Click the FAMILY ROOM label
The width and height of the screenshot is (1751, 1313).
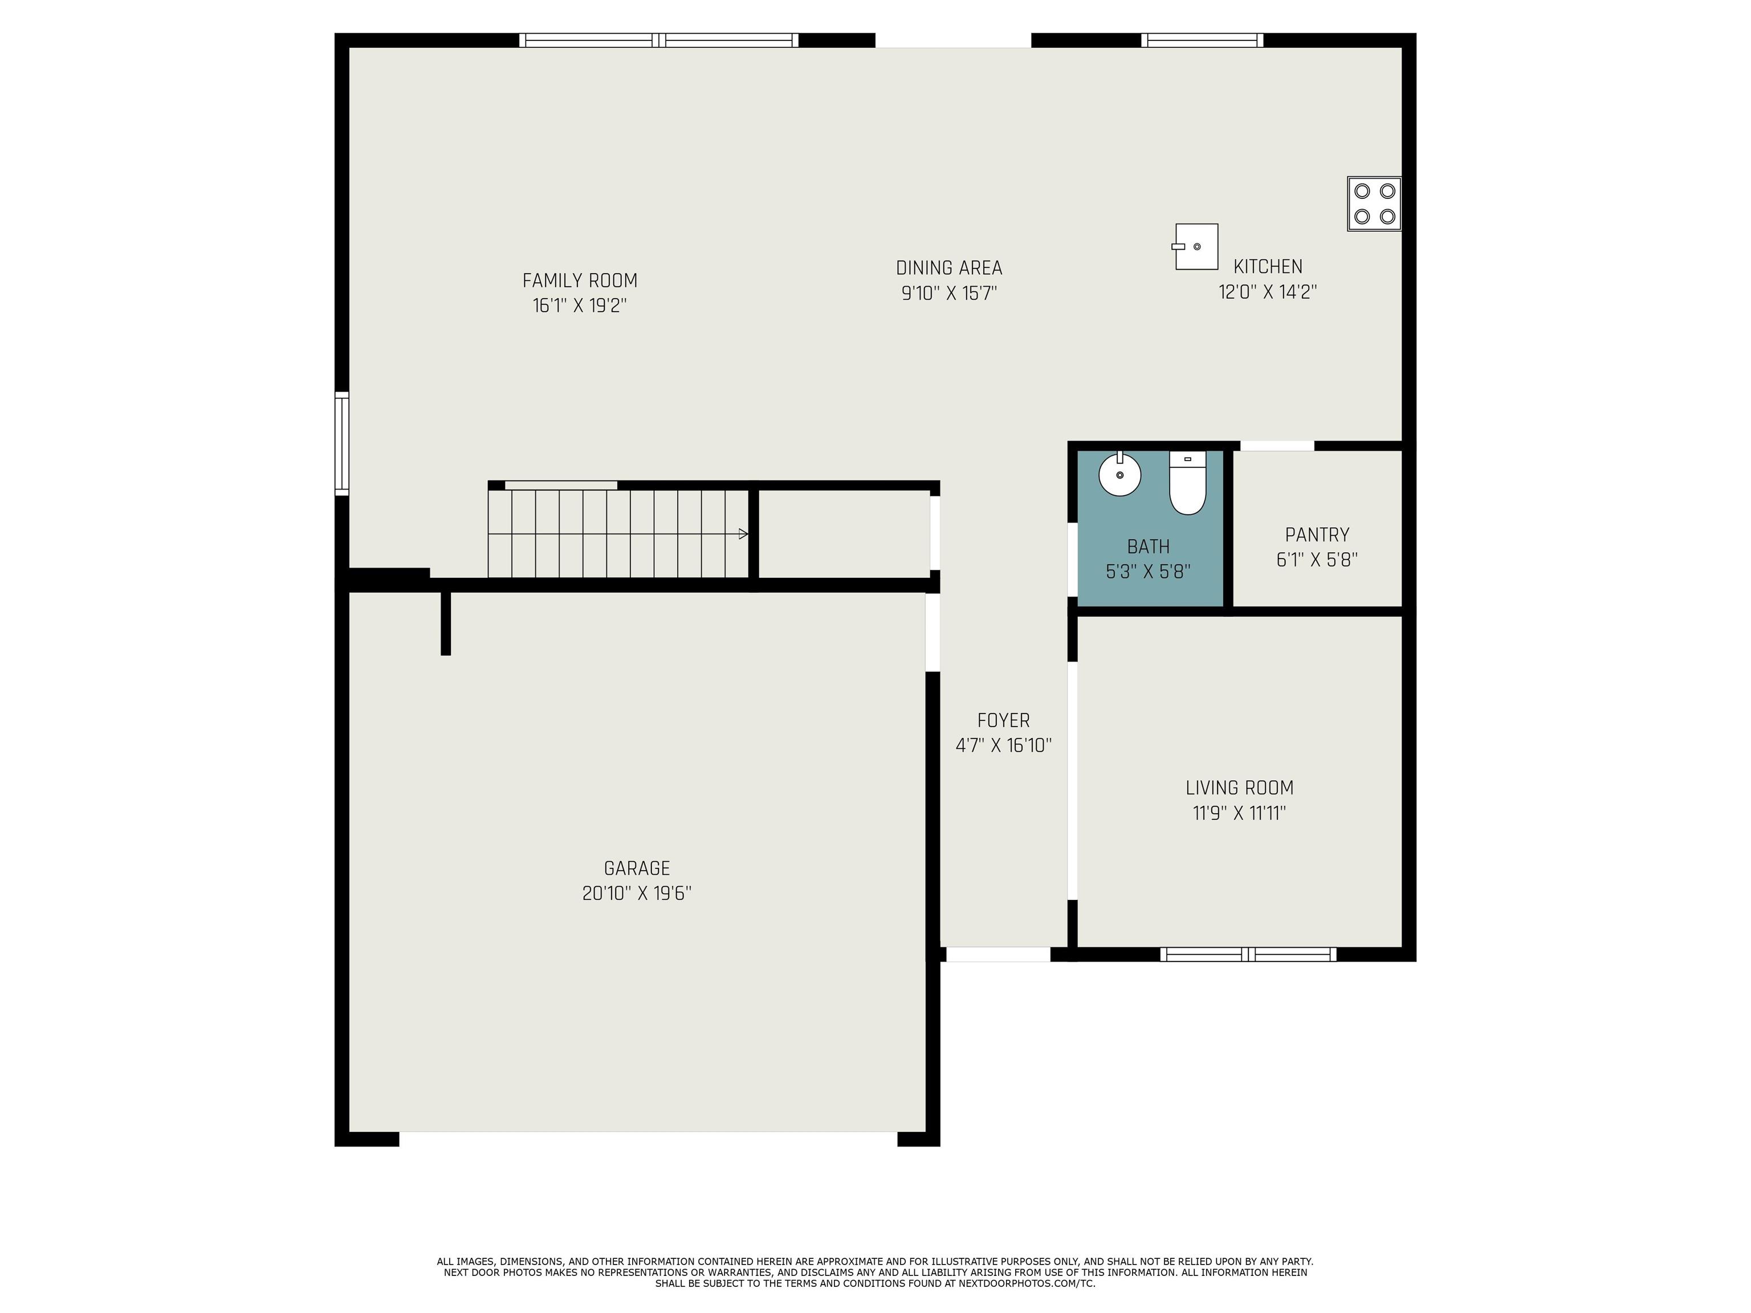[580, 280]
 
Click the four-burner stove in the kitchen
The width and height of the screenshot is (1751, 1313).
[1374, 203]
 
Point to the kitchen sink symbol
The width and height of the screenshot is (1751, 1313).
[1195, 247]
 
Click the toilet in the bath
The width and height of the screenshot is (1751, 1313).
[1187, 483]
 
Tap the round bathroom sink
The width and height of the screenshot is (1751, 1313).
[1120, 475]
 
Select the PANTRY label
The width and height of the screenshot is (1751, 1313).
[1317, 535]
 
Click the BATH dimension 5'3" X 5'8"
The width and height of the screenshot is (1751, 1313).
[1148, 572]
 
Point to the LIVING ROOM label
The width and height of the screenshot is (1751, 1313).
[1240, 788]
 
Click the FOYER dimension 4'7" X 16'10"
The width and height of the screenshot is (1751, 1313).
[1004, 745]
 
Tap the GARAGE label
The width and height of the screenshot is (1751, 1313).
[637, 868]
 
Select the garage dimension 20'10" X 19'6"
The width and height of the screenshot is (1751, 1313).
[637, 894]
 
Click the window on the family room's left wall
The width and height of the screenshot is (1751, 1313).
[342, 443]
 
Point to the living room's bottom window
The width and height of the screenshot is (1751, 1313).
[1248, 955]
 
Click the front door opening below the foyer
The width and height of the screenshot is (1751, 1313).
[998, 955]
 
